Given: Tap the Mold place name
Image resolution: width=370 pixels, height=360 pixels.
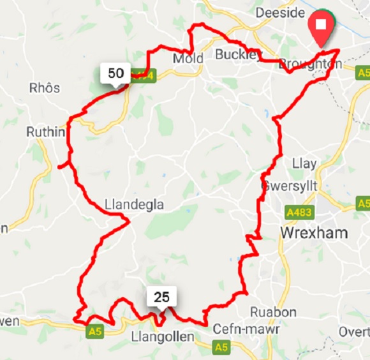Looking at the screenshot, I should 188,59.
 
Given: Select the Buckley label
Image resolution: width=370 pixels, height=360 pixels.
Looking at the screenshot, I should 238,54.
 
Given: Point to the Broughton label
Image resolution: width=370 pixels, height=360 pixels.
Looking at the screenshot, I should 310,64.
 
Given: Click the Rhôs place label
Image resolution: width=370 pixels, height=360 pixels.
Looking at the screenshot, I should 44,87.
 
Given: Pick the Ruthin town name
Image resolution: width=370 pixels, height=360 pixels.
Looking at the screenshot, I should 45,132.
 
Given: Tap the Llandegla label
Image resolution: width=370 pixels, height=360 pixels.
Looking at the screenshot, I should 134,205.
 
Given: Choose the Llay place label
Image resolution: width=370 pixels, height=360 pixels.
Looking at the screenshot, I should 304,163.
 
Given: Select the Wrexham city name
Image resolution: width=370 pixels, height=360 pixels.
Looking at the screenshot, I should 314,232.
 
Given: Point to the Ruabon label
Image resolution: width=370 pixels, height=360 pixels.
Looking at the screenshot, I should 274,312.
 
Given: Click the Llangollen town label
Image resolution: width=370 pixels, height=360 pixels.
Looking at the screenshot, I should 161,336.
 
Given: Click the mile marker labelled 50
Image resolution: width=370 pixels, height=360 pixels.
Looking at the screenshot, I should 115,73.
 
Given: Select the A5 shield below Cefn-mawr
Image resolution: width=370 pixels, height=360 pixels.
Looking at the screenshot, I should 221,347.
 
